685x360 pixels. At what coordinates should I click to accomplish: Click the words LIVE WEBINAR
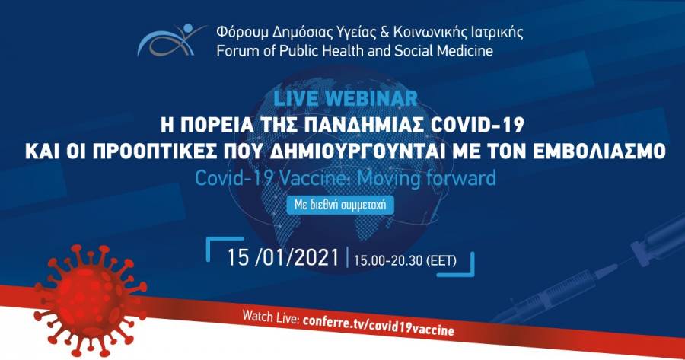345,98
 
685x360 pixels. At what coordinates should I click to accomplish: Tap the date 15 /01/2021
282,258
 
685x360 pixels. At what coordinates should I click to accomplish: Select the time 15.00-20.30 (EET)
405,261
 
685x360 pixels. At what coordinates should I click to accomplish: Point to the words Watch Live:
270,317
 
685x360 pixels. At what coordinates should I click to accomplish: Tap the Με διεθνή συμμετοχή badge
340,205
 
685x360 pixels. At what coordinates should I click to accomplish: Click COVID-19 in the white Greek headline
477,126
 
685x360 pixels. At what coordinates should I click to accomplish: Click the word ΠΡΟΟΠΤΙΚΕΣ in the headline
137,152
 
